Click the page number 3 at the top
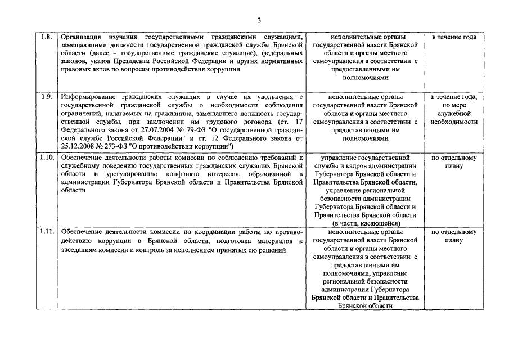point(259,20)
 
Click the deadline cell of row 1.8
point(454,37)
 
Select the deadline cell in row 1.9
point(454,109)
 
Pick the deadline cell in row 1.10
point(454,161)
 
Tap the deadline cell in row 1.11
point(454,236)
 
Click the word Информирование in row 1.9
point(89,97)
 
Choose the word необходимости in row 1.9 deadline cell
point(454,121)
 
